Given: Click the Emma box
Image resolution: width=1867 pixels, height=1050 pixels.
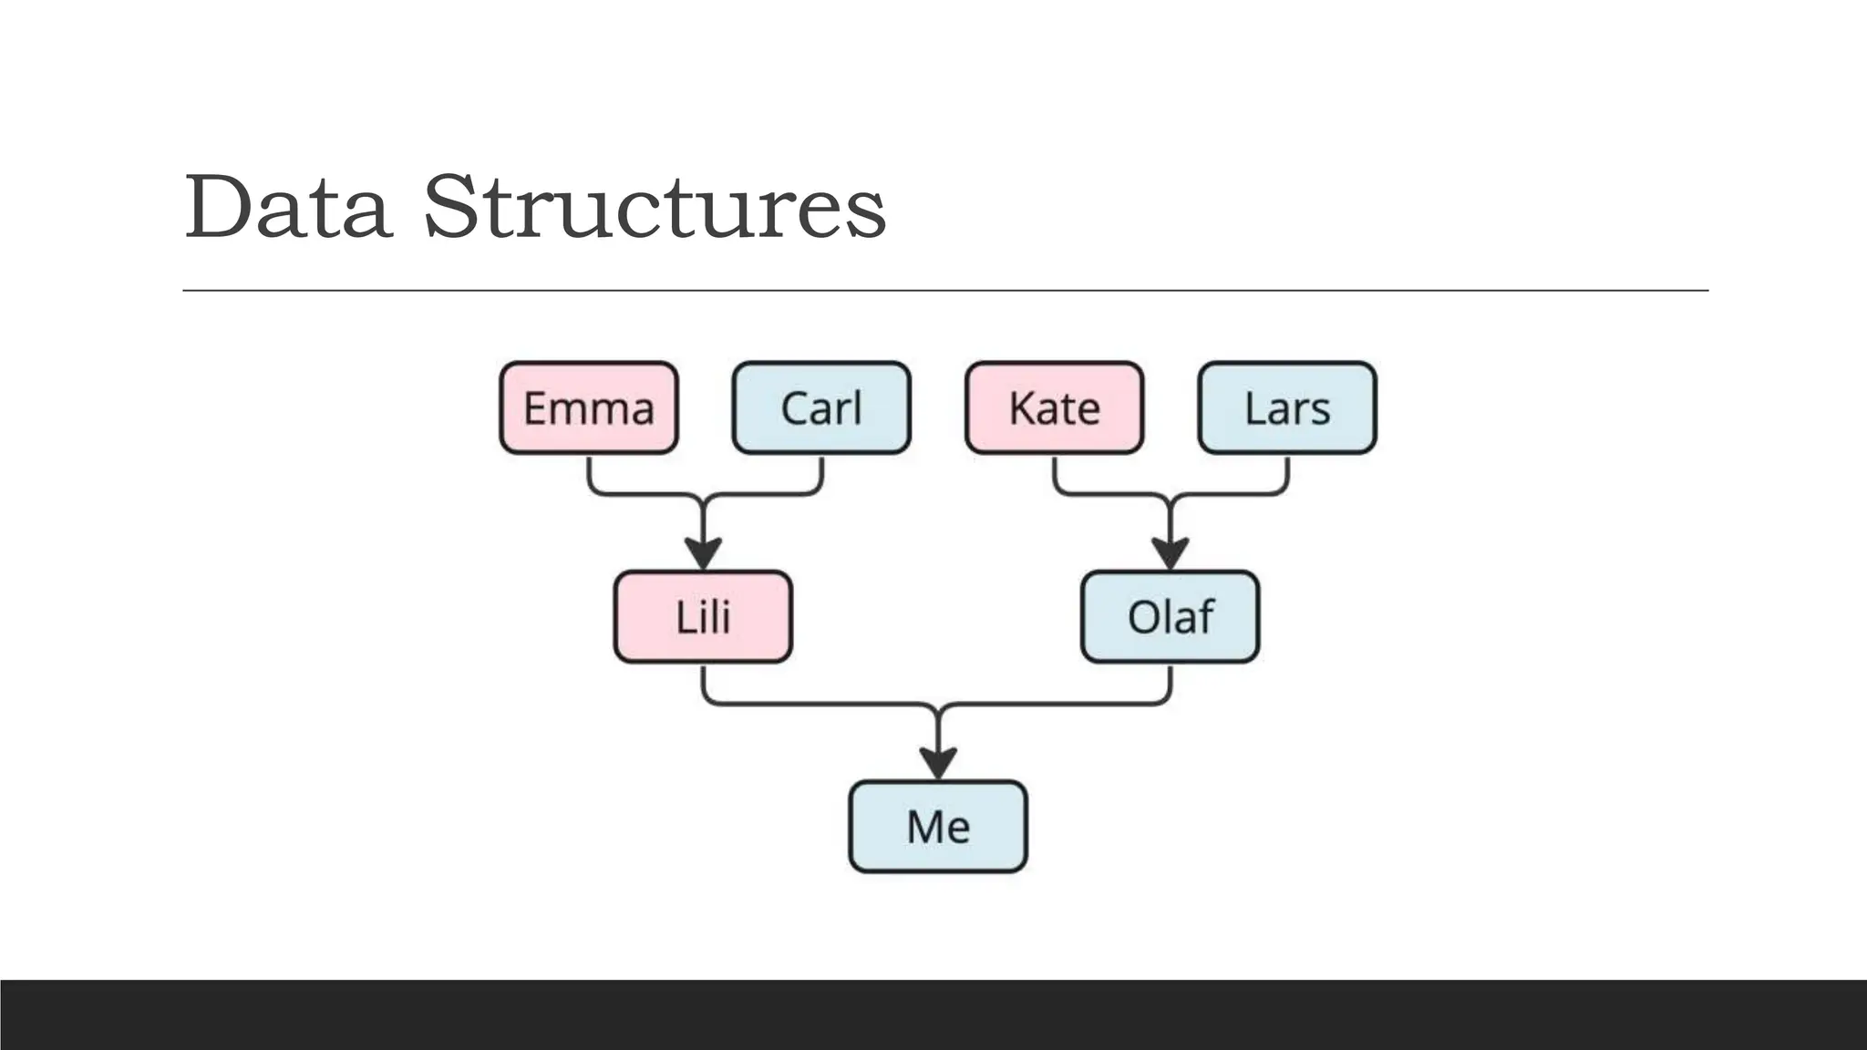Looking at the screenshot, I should (x=588, y=407).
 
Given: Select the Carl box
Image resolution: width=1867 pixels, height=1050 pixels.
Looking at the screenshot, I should (x=820, y=407).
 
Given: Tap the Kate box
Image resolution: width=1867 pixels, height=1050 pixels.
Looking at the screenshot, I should (x=1054, y=407).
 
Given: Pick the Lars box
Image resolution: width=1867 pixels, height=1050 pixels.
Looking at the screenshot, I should (x=1286, y=407).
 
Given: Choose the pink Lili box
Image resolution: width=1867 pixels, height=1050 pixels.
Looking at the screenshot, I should (x=703, y=616).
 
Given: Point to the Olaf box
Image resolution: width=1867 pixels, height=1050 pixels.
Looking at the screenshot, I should (x=1170, y=616).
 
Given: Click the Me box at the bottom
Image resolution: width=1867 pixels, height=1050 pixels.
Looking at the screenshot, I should (x=937, y=826).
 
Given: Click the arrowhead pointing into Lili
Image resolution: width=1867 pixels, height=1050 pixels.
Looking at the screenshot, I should (x=703, y=552).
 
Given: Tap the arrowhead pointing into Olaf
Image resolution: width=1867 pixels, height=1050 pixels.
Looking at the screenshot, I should (x=1170, y=552).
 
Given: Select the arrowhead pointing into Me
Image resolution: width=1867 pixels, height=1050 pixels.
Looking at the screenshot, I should (x=937, y=762).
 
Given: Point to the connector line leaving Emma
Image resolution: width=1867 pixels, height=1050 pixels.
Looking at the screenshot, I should (x=590, y=476).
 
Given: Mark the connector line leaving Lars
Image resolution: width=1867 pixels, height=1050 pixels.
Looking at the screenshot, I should (x=1286, y=476).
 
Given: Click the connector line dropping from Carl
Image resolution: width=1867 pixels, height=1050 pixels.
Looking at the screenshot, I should (x=821, y=476).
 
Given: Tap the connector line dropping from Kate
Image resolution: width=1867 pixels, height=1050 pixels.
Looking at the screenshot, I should (x=1055, y=476).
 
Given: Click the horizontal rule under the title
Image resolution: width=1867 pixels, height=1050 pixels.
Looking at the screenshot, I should (x=944, y=290).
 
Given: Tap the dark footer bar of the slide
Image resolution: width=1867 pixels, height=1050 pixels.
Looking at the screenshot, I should (x=933, y=1014).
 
